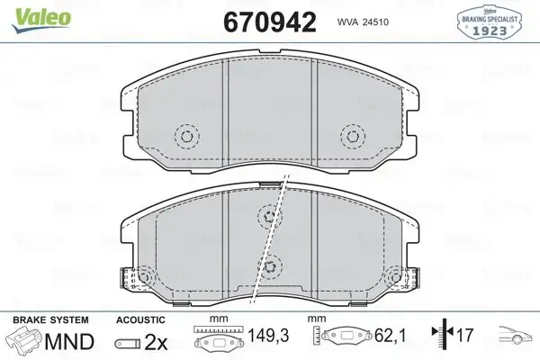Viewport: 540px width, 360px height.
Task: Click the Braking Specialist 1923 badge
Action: coord(490,20)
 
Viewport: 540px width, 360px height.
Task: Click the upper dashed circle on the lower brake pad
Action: coord(269,214)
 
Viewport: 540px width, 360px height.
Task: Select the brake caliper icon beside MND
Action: coord(24,343)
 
